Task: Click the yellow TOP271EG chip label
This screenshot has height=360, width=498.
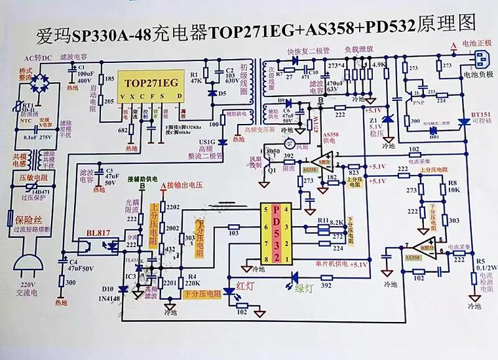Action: click(151, 83)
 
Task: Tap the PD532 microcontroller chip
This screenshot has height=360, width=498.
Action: click(277, 233)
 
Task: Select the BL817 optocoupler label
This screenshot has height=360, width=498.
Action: click(99, 233)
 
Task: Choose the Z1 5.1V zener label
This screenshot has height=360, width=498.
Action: click(373, 125)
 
